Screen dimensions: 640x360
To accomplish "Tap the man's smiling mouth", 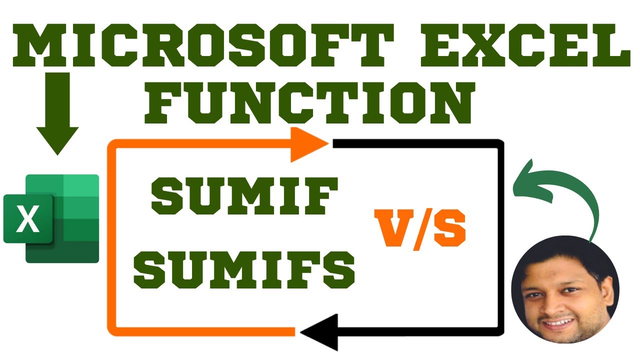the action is click(x=560, y=323).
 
